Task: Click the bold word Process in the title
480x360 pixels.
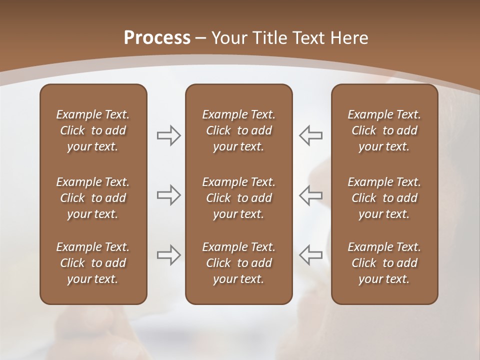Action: [x=157, y=38]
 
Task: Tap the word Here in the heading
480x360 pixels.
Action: [x=349, y=38]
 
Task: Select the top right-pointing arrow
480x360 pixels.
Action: [x=168, y=135]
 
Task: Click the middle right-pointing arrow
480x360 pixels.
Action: [x=168, y=195]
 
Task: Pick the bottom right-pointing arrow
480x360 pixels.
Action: [x=168, y=255]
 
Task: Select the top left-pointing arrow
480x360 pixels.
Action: [x=311, y=135]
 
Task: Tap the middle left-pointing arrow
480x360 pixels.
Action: [x=311, y=195]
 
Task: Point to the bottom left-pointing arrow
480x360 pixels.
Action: [x=311, y=255]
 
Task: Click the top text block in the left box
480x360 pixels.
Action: [x=93, y=130]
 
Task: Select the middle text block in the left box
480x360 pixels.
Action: [x=93, y=198]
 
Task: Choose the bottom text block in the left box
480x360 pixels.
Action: [x=93, y=263]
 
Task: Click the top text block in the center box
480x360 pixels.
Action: [x=238, y=130]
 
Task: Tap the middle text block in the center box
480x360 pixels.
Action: [x=238, y=198]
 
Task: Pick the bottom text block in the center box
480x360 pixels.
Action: [x=238, y=263]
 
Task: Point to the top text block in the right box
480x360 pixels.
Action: [x=384, y=130]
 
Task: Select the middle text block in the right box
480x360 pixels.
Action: [x=384, y=198]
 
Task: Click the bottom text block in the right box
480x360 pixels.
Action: [x=384, y=263]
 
